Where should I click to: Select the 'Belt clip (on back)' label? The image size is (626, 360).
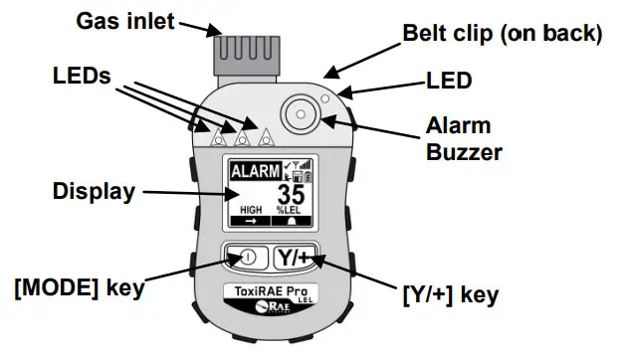coord(502,34)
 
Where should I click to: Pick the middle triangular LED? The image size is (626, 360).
coord(240,130)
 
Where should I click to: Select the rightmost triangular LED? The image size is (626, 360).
coord(264,131)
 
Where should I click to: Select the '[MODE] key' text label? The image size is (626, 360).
coord(80,289)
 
